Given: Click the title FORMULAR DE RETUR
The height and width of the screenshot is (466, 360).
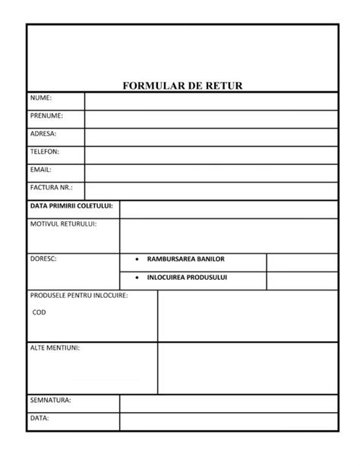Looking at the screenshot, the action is [x=182, y=86].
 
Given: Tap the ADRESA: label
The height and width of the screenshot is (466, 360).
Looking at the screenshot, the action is [x=43, y=134].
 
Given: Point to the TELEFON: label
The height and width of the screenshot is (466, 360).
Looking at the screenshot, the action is [x=45, y=151].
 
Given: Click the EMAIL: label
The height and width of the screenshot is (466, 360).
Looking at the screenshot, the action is [x=41, y=170].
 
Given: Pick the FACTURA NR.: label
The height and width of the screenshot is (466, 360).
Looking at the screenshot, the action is [x=49, y=187].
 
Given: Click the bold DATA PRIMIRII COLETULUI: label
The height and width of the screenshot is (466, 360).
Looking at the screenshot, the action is [x=71, y=206].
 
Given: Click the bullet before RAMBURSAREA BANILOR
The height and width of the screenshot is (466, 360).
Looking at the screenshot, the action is [x=136, y=259].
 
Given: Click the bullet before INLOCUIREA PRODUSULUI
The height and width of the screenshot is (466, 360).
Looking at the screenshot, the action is [x=136, y=277].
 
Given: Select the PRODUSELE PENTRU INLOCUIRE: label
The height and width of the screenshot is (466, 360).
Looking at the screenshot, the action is [x=78, y=295].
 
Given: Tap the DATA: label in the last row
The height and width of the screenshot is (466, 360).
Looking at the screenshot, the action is [x=39, y=417].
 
